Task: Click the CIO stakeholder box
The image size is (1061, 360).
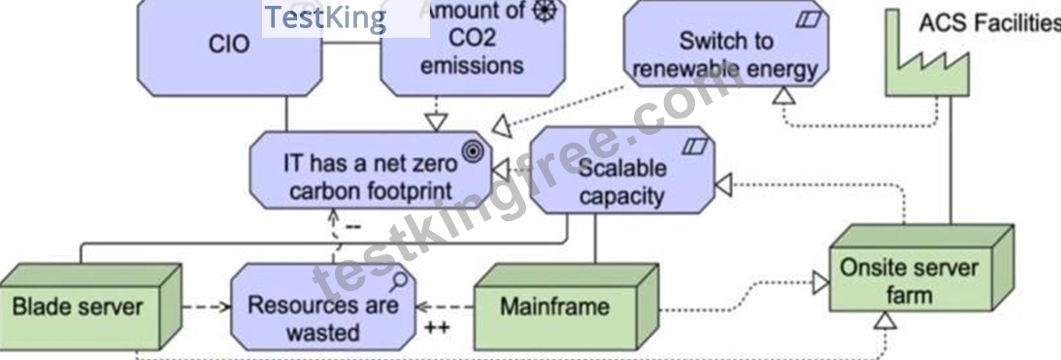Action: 229,48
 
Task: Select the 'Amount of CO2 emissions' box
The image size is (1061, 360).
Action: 473,48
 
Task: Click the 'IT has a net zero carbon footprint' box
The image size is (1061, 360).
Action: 371,170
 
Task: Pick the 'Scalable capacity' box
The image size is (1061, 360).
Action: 622,170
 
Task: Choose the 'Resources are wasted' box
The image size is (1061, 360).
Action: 322,308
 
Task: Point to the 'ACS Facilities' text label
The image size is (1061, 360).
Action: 989,23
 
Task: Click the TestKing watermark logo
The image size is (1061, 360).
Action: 325,18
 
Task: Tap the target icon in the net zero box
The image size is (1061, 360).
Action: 473,152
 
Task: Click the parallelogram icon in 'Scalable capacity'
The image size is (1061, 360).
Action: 695,145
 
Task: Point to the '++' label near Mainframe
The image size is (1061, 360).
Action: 437,329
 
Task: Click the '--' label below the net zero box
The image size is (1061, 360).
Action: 353,226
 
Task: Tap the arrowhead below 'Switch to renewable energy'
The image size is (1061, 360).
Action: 783,95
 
